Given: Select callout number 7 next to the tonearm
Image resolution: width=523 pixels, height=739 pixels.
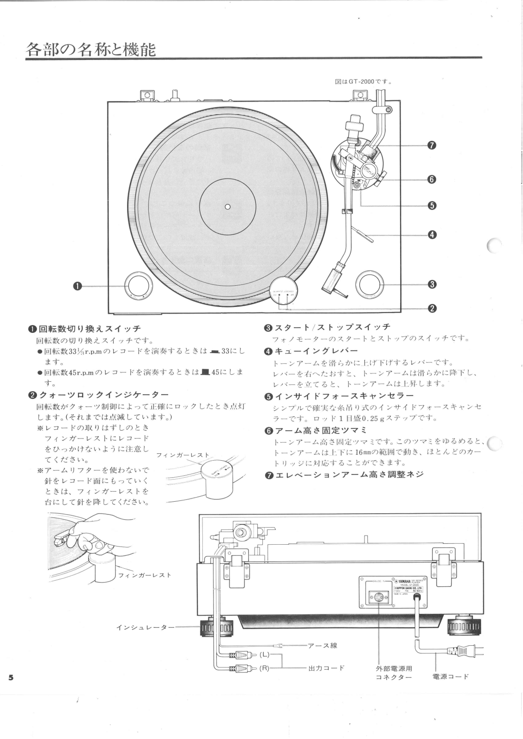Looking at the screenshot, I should [432, 145].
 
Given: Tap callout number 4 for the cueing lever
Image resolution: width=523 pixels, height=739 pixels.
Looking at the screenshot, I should [432, 234].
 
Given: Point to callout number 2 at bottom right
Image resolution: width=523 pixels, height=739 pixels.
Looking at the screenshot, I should [432, 308].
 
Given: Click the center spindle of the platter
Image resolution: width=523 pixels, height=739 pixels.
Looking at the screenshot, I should [227, 206].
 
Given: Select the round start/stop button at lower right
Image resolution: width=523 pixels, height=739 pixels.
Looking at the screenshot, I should [369, 284].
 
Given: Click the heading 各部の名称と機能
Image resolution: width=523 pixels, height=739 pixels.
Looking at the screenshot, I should [91, 48].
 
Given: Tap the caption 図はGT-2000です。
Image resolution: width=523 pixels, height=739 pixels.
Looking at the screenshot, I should [364, 82].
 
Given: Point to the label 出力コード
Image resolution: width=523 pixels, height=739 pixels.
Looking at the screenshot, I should [326, 667].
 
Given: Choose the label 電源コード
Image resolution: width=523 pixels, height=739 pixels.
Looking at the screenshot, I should [450, 676].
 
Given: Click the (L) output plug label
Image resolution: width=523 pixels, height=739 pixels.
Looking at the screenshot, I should [264, 654].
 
